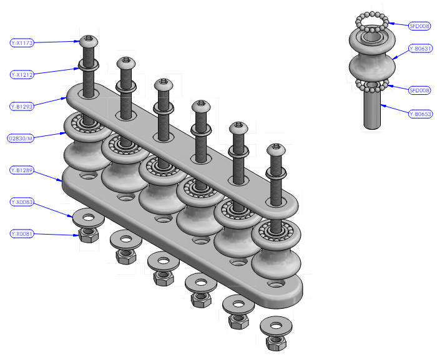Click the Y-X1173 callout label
[22, 42]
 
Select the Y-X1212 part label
[22, 75]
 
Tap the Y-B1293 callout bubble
[22, 107]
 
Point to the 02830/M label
[21, 139]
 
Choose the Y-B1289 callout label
[22, 170]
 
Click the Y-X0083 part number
[22, 202]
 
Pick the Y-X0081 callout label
[22, 233]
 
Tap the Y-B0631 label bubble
[421, 49]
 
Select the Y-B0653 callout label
[421, 114]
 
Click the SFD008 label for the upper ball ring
[420, 26]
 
